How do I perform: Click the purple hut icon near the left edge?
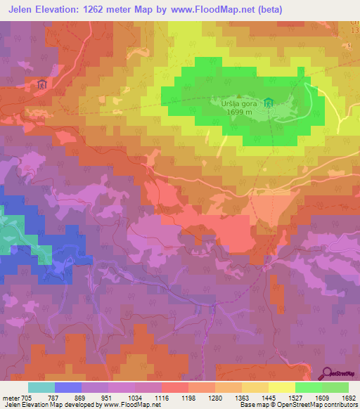pyautogui.click(x=41, y=84)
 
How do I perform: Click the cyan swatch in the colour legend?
pyautogui.click(x=41, y=387)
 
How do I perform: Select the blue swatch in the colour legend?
pyautogui.click(x=68, y=387)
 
